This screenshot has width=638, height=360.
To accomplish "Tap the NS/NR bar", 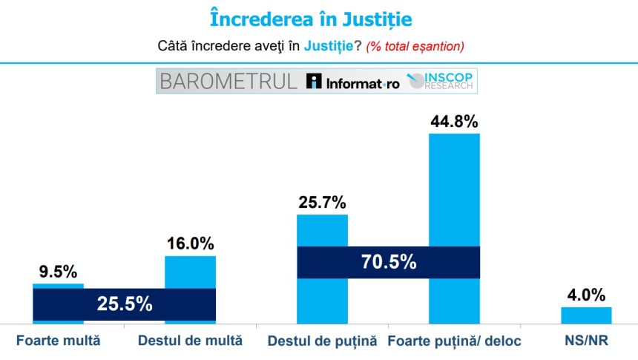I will [586, 315].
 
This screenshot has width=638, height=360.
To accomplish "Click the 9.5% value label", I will [58, 271].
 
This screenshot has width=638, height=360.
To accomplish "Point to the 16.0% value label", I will [191, 243].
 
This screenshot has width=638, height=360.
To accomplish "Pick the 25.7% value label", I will [323, 202].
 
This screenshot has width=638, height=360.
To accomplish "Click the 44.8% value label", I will [455, 121].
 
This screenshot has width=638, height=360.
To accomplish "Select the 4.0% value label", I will [586, 295].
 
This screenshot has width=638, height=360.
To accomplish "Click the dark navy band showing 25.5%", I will [125, 304].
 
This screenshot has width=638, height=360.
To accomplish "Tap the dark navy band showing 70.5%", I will [388, 262].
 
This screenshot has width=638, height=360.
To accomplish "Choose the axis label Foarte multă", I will [58, 341].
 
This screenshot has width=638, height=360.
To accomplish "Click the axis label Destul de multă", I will [190, 341].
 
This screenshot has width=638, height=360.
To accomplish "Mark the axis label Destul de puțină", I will [322, 342].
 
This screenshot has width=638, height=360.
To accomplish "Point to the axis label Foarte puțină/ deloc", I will [455, 342].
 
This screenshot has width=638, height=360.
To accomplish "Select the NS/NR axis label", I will [586, 341].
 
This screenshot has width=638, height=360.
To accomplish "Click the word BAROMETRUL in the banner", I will [228, 82].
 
